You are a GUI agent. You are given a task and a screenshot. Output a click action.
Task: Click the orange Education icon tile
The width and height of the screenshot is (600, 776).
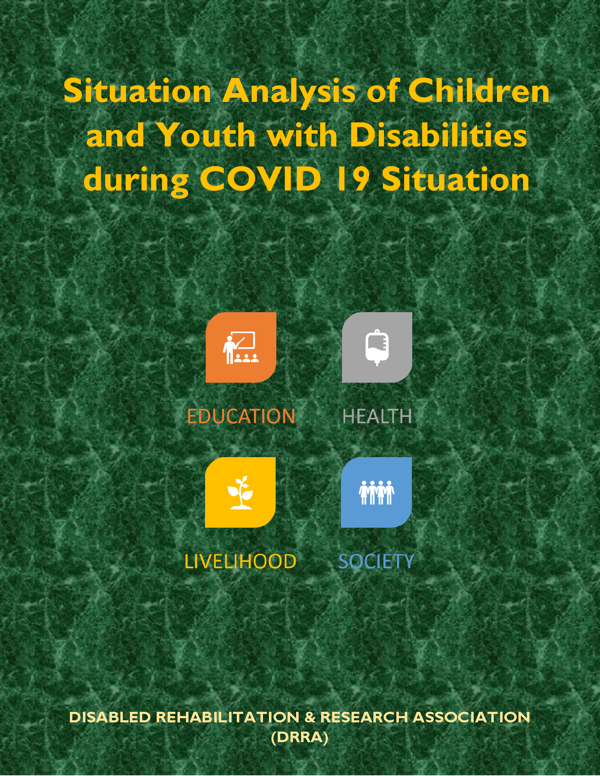[x=241, y=347]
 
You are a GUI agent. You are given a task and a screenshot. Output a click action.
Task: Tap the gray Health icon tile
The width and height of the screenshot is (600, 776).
[x=377, y=347]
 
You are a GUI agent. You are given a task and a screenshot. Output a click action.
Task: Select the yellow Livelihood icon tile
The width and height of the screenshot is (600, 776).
[x=240, y=492]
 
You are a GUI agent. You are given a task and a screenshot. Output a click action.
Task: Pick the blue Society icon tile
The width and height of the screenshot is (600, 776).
[x=377, y=492]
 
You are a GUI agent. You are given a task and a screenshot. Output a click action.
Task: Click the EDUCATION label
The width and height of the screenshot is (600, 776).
[x=241, y=416]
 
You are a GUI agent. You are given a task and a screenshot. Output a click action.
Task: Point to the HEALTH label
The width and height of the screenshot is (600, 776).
[x=377, y=416]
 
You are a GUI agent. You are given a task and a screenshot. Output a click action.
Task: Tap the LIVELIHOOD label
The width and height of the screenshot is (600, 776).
[x=240, y=562]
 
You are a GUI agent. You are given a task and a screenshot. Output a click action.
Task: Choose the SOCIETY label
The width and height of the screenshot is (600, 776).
[x=377, y=562]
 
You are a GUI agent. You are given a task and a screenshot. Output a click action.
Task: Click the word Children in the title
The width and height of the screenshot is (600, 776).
[x=479, y=91]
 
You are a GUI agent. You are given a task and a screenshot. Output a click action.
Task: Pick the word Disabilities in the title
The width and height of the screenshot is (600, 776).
[x=438, y=135]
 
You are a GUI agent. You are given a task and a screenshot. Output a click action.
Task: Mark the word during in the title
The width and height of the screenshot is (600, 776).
[x=137, y=181]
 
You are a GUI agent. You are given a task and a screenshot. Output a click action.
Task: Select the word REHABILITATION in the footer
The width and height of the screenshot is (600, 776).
[x=228, y=717]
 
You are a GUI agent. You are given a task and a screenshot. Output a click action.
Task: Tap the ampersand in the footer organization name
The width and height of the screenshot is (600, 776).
[x=310, y=717]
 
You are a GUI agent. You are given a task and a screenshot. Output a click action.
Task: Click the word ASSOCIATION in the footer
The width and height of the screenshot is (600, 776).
[x=471, y=717]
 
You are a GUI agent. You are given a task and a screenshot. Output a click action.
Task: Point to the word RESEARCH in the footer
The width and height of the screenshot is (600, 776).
[x=364, y=717]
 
